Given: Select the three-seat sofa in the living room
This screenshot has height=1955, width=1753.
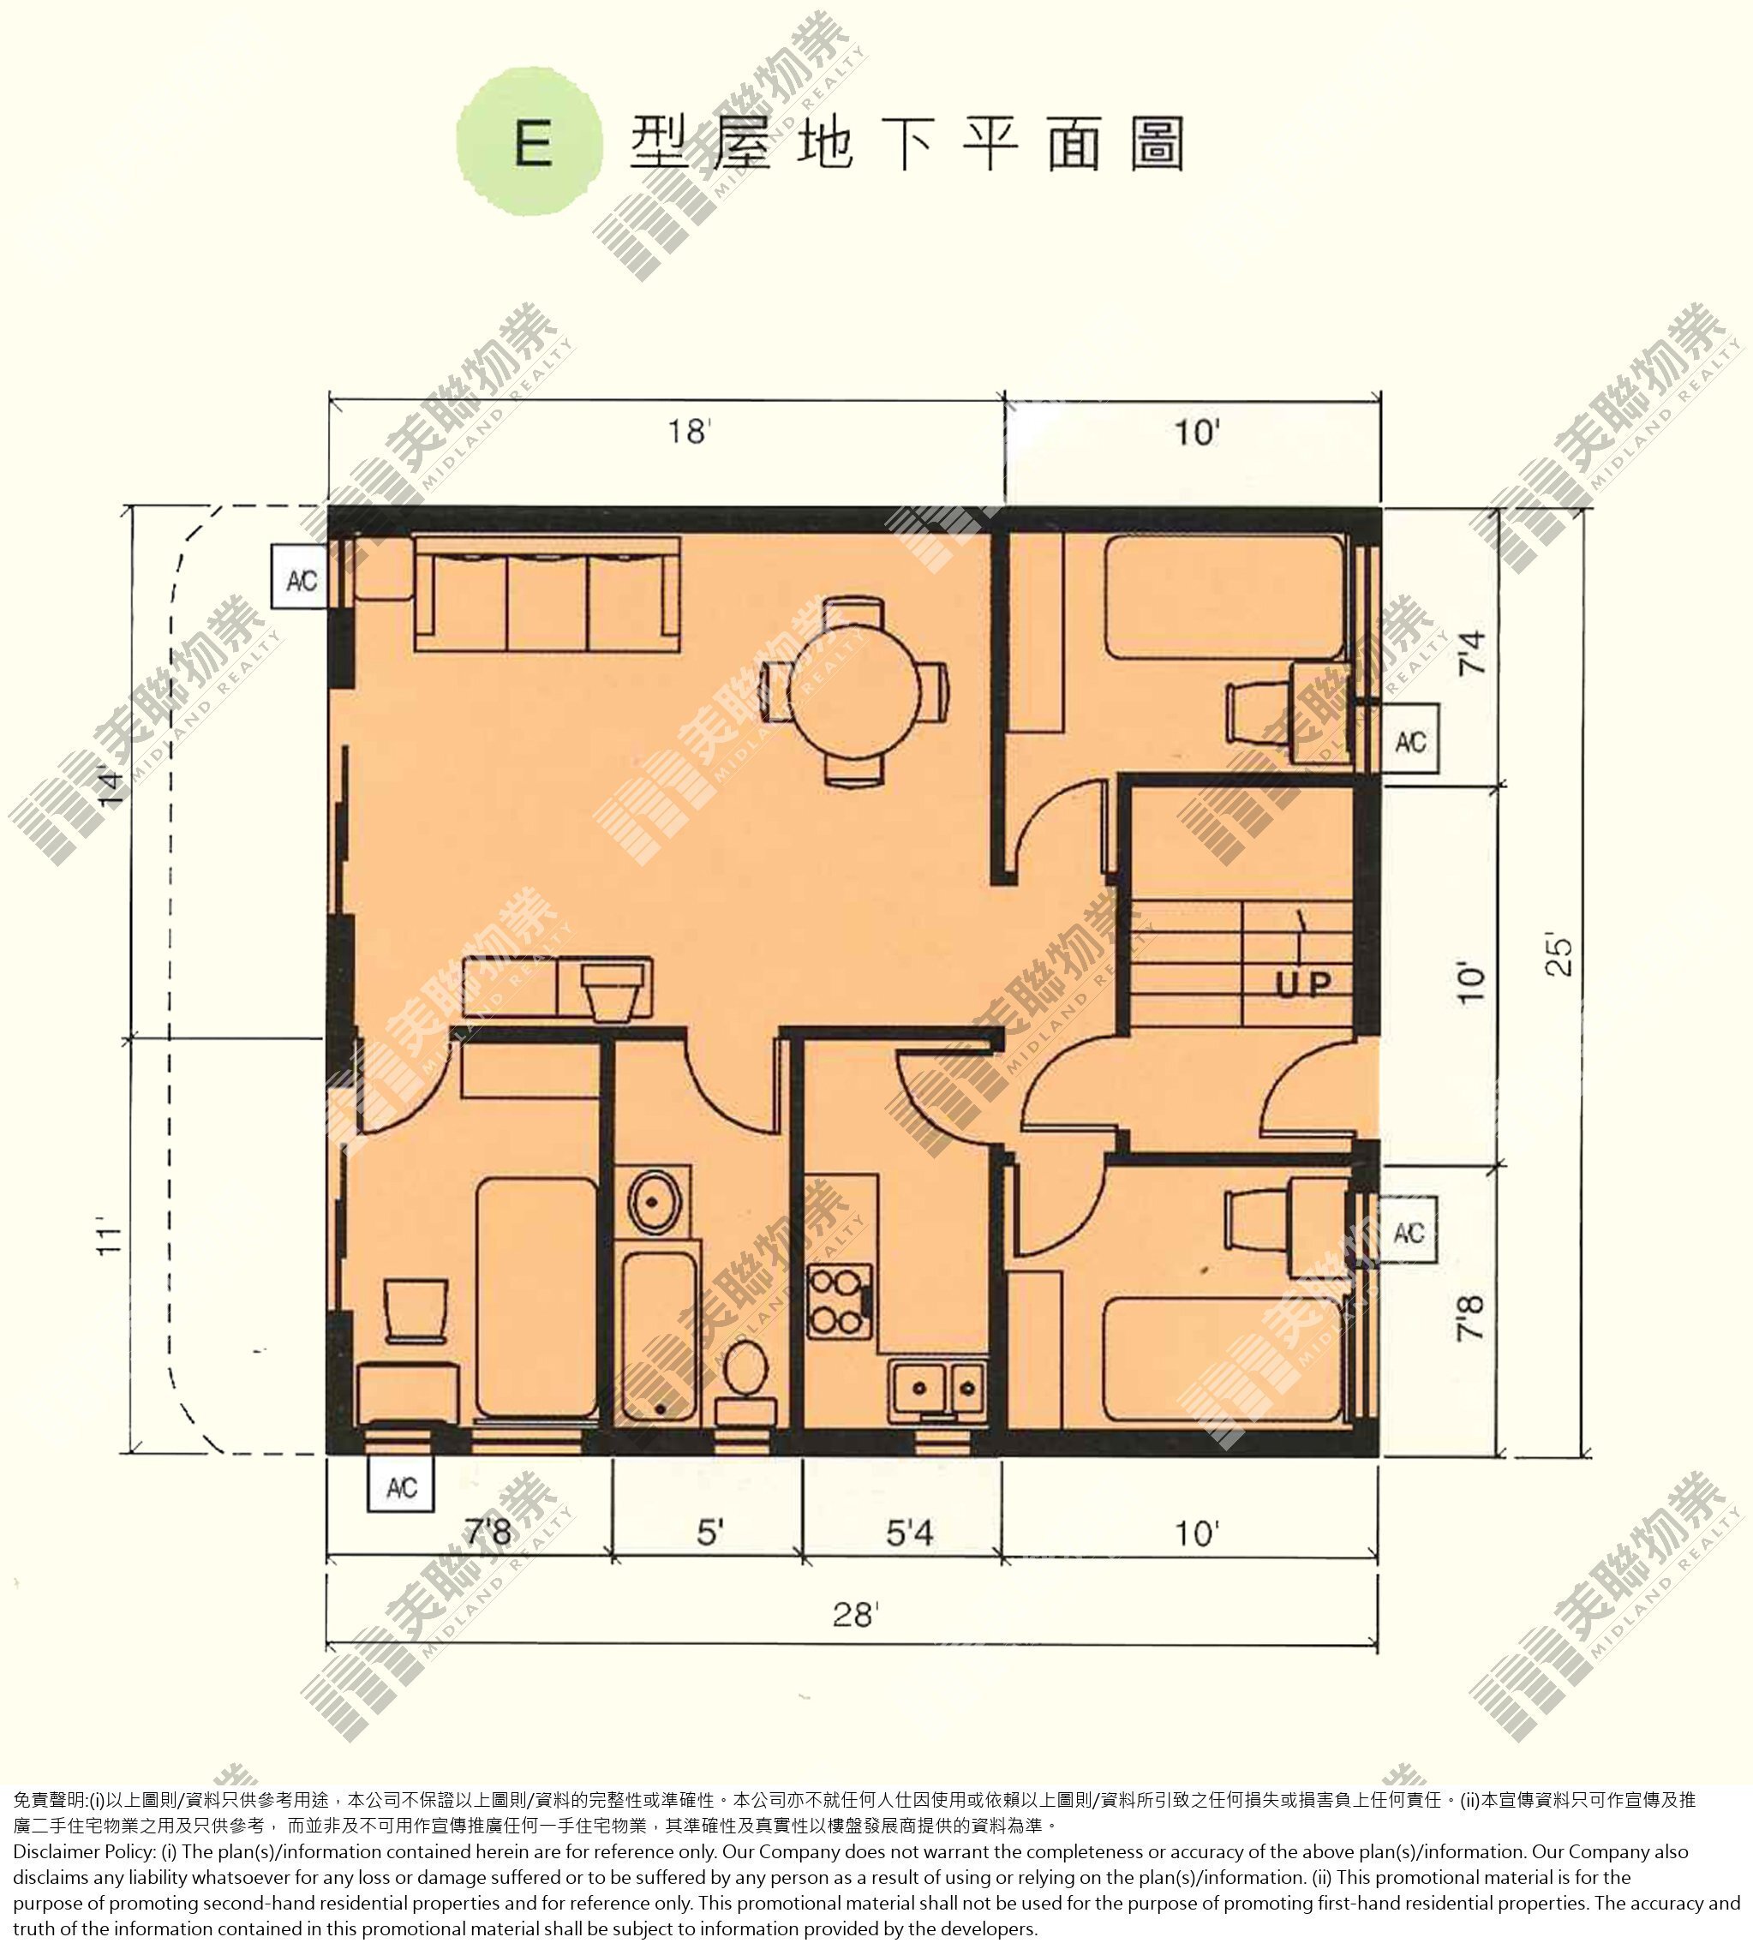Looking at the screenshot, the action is (547, 595).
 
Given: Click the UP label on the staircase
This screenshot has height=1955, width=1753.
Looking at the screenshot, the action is (1303, 983).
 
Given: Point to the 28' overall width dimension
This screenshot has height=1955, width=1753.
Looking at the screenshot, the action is (855, 1614).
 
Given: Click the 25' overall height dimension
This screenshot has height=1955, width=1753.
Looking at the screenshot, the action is (1559, 954).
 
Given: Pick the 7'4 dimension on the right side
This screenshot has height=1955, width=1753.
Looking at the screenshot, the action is (1471, 652).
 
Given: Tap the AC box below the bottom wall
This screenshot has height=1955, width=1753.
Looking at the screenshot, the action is (402, 1484).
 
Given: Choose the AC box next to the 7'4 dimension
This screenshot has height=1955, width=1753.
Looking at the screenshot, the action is (1410, 740).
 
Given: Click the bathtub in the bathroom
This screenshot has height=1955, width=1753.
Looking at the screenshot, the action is (659, 1335).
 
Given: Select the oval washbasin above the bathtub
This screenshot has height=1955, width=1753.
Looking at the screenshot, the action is (655, 1201).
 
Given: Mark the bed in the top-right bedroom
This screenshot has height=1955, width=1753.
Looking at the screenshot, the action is (1225, 597).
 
